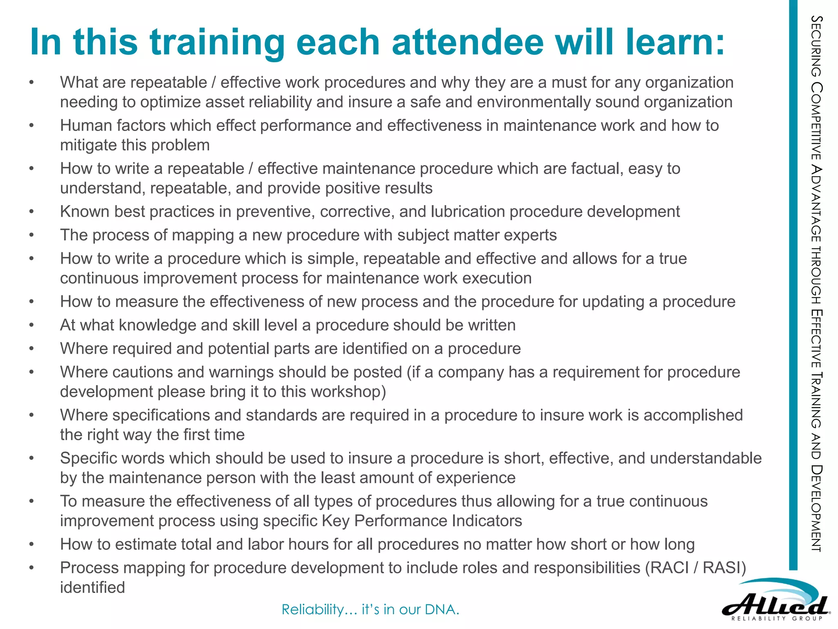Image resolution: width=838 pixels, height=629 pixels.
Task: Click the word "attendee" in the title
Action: tap(468, 42)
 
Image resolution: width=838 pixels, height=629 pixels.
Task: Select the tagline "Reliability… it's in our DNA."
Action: tap(370, 609)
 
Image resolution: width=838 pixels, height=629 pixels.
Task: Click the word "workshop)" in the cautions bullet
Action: tap(348, 392)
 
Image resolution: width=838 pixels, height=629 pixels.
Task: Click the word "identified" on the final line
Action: tap(92, 588)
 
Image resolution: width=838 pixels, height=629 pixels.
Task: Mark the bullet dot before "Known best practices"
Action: tap(32, 212)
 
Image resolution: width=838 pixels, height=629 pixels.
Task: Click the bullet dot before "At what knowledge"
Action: tap(32, 325)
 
